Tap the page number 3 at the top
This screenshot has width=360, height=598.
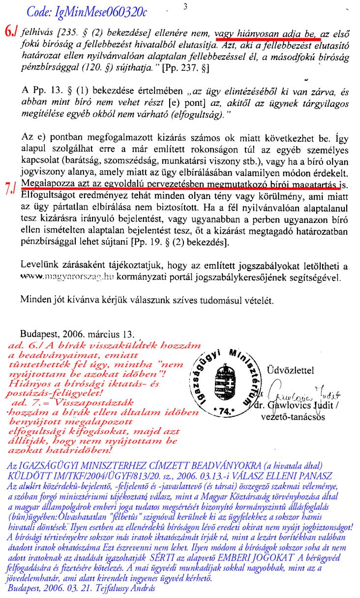point(184,6)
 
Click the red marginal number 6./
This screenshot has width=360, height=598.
point(11,32)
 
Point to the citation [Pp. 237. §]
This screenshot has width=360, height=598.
point(188,67)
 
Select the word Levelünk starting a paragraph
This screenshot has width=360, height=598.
point(39,266)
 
